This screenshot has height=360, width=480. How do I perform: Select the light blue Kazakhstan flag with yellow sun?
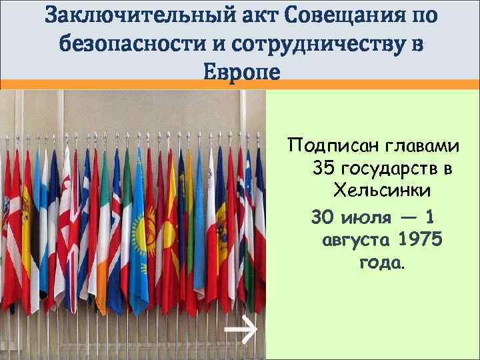click(139, 227)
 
